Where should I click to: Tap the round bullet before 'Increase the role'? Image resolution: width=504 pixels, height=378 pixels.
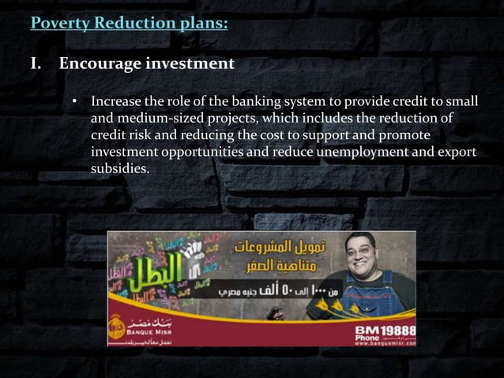(76, 102)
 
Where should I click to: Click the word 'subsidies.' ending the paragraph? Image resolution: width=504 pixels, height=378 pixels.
(119, 168)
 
